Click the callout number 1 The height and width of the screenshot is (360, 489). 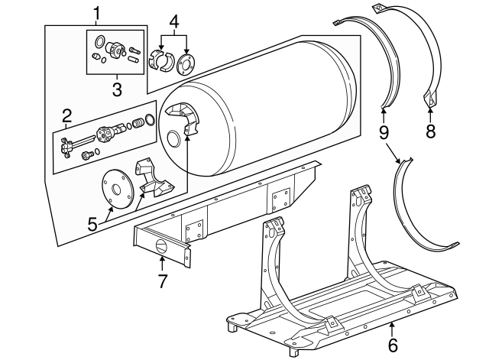pos(96,12)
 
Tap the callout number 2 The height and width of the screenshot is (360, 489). pos(67,116)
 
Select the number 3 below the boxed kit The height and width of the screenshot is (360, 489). pos(117,89)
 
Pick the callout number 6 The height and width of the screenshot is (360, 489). pos(393,346)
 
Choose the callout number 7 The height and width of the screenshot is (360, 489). pos(161,280)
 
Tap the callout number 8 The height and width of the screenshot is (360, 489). pos(430,131)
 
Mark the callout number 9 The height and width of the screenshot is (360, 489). pos(384,131)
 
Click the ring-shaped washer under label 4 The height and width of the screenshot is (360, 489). pos(186,63)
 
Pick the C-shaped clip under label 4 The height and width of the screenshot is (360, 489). pos(159,60)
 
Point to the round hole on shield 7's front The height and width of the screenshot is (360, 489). pos(162,247)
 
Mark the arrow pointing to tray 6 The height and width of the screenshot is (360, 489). pos(392,329)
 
